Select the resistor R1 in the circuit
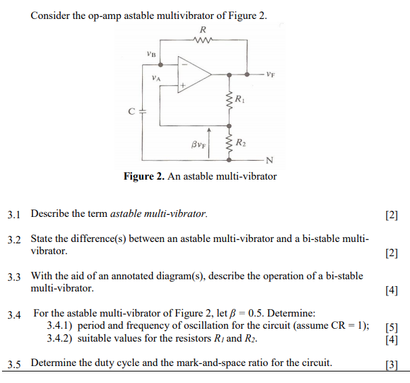tap(231, 101)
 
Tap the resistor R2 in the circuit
tap(231, 142)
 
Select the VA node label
tap(157, 79)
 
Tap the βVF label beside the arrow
tap(198, 143)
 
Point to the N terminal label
tap(269, 159)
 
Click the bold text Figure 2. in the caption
tap(143, 177)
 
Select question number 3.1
tap(14, 214)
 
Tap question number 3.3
tap(14, 277)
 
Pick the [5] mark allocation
tap(390, 327)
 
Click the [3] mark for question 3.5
tap(390, 363)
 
